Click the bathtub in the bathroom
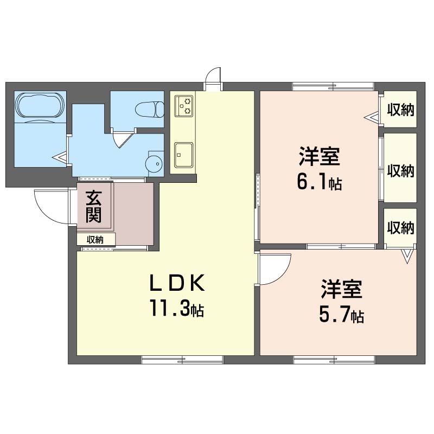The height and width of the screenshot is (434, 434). tap(40, 106)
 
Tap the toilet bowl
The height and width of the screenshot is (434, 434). tap(150, 110)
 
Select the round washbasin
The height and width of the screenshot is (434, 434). tap(154, 164)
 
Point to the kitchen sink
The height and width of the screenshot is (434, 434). tap(183, 155)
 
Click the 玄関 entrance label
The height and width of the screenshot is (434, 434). tap(93, 207)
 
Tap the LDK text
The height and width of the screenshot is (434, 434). tap(177, 283)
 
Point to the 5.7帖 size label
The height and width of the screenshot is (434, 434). tap(342, 315)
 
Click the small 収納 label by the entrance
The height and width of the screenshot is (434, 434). tap(95, 240)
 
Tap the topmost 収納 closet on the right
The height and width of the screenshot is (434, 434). tap(400, 110)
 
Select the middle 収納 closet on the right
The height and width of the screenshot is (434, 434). tap(400, 168)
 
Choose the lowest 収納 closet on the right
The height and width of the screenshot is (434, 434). tap(400, 228)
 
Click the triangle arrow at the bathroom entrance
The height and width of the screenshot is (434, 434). tap(60, 158)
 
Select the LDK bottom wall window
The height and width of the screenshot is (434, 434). tap(182, 360)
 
